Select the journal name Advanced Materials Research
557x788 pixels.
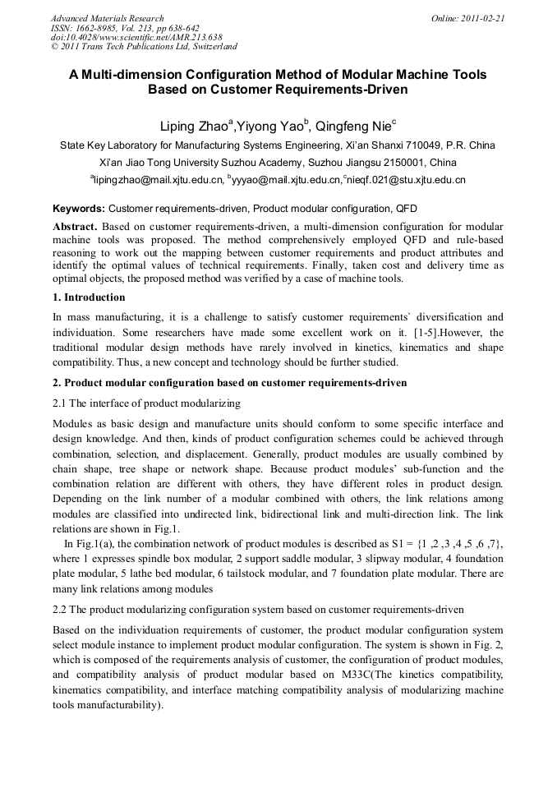tap(108, 18)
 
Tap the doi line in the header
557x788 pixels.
tap(136, 38)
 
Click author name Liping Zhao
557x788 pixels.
tap(194, 126)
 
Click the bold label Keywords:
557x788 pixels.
tap(79, 209)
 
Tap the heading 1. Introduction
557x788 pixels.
tap(89, 297)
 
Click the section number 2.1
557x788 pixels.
tap(61, 403)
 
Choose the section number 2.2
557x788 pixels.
tap(61, 610)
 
